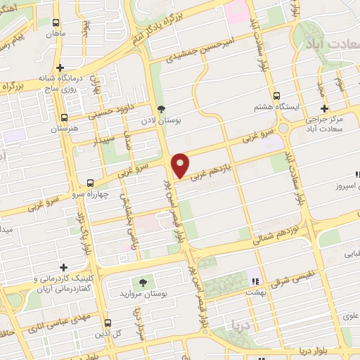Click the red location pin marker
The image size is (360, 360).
[x=181, y=165]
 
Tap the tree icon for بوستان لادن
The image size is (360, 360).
[x=162, y=109]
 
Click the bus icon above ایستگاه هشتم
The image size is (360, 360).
[x=276, y=96]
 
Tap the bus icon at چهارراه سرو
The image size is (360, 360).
[x=89, y=182]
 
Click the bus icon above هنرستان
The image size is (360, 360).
[x=65, y=118]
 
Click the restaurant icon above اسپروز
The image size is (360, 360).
[x=357, y=174]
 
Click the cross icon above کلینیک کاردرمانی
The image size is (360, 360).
[x=64, y=267]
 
